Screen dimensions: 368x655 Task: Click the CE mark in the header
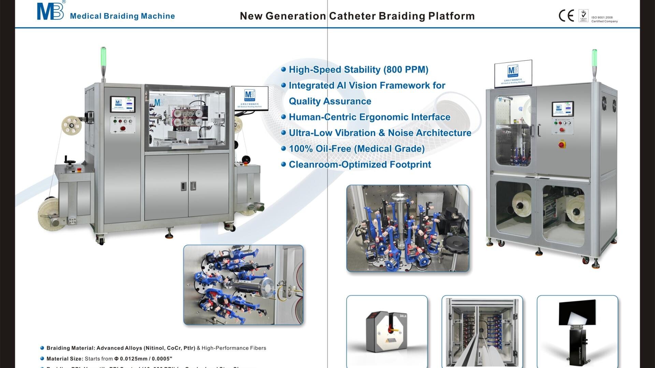pos(566,16)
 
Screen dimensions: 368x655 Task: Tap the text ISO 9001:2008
pos(602,17)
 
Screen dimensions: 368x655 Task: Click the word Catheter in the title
pos(352,16)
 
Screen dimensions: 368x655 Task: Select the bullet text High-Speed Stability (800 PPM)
pos(358,70)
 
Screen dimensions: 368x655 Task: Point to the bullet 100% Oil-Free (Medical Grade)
pos(356,149)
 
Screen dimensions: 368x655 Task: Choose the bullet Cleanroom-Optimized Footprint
pos(360,165)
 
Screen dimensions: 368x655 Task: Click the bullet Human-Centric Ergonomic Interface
pos(369,117)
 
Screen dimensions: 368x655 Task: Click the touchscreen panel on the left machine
pos(122,104)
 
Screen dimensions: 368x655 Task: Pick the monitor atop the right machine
pos(513,73)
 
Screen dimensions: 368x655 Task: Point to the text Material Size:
pos(65,359)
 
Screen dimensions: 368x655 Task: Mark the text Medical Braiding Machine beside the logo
pos(122,16)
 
